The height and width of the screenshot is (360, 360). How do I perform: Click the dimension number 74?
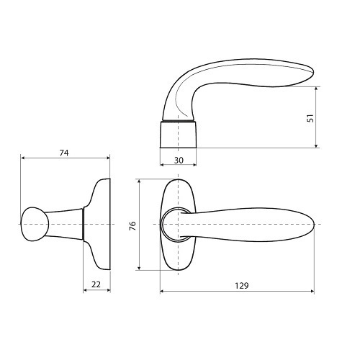click(x=64, y=153)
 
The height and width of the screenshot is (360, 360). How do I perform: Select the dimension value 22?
click(x=96, y=284)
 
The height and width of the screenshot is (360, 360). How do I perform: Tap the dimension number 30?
click(x=179, y=160)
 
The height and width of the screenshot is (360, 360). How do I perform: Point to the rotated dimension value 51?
click(x=310, y=118)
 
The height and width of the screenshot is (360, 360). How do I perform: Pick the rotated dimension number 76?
click(x=132, y=226)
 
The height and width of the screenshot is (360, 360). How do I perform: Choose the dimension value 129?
click(x=242, y=286)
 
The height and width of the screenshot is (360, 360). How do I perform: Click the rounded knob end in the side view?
click(x=35, y=224)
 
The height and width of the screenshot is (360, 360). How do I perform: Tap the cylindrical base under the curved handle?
click(x=178, y=135)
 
